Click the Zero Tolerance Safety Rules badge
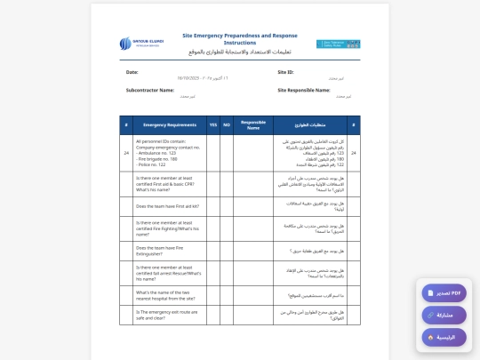click(338, 44)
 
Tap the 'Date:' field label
click(132, 71)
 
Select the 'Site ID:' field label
click(285, 71)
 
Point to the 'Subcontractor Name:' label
click(149, 90)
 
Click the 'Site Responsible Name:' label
click(308, 90)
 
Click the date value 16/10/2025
click(194, 79)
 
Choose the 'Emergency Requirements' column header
click(169, 124)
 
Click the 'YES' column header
click(213, 124)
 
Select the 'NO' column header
click(227, 124)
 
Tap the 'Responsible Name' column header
click(253, 125)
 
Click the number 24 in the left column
click(126, 153)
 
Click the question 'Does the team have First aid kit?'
click(166, 205)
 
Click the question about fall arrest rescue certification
click(169, 272)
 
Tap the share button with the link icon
click(443, 315)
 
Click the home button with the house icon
click(443, 337)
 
